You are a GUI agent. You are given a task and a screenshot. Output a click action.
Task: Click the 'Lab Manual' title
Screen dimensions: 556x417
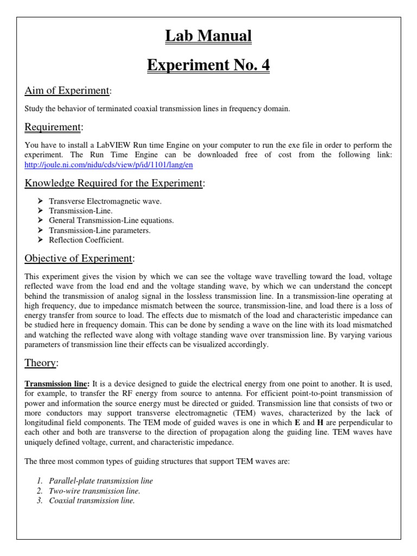(208, 36)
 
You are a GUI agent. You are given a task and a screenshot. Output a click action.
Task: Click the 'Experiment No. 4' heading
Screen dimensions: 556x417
(208, 65)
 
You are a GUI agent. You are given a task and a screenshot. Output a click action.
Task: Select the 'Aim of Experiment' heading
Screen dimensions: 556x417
(67, 90)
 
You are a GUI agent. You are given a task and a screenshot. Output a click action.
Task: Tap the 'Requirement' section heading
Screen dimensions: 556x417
(53, 127)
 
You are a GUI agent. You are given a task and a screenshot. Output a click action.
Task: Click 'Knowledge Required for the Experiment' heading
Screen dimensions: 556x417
(113, 183)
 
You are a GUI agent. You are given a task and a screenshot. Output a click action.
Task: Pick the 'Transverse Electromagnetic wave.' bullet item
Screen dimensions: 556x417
(105, 201)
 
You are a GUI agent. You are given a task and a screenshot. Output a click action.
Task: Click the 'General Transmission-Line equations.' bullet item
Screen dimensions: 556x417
(111, 220)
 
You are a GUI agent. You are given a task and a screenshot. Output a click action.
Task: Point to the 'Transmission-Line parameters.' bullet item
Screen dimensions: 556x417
(99, 230)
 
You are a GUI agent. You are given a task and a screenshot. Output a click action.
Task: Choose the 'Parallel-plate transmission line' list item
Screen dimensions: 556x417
(101, 481)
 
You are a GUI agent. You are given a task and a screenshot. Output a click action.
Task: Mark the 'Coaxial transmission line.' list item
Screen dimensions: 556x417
(92, 501)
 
